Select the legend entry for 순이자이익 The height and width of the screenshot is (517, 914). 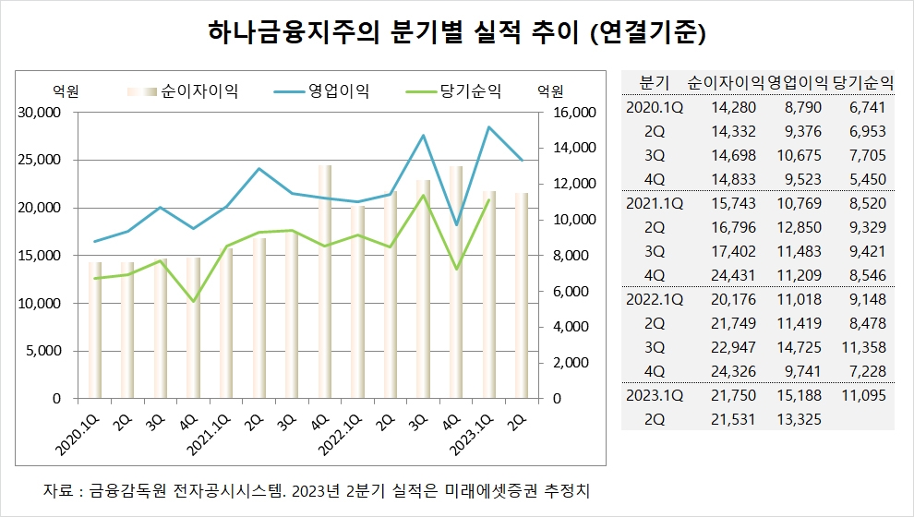point(183,91)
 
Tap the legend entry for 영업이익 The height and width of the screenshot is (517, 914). point(322,91)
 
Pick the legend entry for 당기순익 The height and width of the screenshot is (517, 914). point(453,91)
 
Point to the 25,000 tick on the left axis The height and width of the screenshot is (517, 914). point(40,160)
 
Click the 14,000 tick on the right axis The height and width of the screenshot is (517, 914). point(574,148)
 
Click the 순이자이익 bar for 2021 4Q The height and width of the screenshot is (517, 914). point(325,283)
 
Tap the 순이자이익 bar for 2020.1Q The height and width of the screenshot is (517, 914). point(95,331)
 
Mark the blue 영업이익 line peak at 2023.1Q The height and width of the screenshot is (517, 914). point(489,127)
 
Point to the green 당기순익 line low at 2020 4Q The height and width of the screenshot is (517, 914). point(194,301)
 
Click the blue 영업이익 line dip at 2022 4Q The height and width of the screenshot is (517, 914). point(456,225)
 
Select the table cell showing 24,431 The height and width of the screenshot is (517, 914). point(733,275)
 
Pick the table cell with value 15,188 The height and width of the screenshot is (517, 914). point(799,395)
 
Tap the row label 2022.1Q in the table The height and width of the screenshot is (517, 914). point(654,300)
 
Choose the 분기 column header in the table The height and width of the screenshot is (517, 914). point(654,83)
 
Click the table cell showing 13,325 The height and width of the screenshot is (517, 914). point(799,419)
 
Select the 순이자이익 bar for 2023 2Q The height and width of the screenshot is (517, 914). point(522,296)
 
